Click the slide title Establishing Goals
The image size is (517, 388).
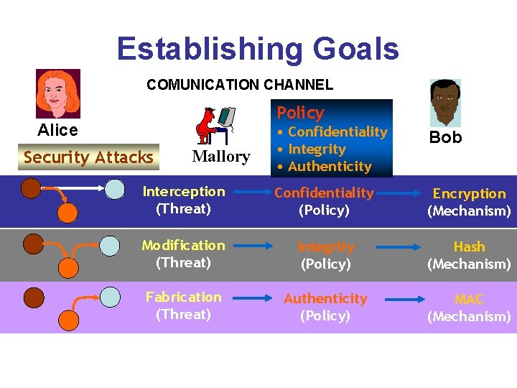pyautogui.click(x=257, y=49)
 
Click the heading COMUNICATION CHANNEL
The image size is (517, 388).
pyautogui.click(x=240, y=85)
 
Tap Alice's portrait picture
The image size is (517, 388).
pyautogui.click(x=58, y=93)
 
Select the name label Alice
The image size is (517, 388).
pyautogui.click(x=57, y=130)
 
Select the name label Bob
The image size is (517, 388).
pyautogui.click(x=445, y=137)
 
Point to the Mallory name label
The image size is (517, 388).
pyautogui.click(x=221, y=157)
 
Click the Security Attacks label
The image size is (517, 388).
pyautogui.click(x=88, y=157)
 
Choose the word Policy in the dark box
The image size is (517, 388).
pyautogui.click(x=300, y=113)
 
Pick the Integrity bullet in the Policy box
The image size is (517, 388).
pyautogui.click(x=317, y=149)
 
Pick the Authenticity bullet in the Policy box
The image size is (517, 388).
pyautogui.click(x=329, y=167)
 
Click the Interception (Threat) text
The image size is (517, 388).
pyautogui.click(x=183, y=200)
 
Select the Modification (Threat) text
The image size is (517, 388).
pyautogui.click(x=183, y=254)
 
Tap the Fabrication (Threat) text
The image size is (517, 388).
pyautogui.click(x=183, y=305)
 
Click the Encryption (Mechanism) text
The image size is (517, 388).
pyautogui.click(x=469, y=202)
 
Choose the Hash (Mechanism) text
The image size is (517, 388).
pyautogui.click(x=469, y=255)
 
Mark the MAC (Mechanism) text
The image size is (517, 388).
pyautogui.click(x=469, y=308)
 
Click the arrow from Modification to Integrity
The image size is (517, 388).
pyautogui.click(x=253, y=246)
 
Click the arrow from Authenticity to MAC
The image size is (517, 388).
pyautogui.click(x=399, y=298)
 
